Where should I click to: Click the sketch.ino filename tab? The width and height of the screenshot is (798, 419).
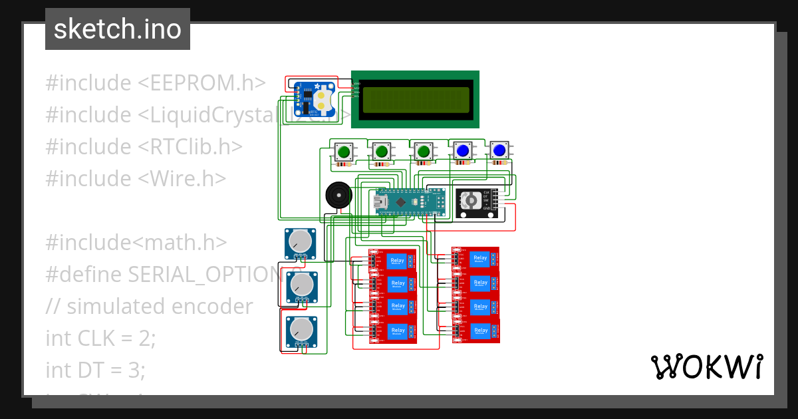click(118, 29)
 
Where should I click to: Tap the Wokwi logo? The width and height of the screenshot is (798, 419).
click(706, 366)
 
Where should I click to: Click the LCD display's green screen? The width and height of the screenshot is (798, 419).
click(417, 100)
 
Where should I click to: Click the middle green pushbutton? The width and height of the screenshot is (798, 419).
click(382, 152)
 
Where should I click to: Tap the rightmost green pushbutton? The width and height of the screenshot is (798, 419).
click(422, 152)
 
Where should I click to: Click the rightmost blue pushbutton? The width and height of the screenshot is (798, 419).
click(499, 152)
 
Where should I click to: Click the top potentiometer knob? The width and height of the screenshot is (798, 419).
click(301, 241)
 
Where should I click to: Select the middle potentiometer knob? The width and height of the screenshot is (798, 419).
click(301, 284)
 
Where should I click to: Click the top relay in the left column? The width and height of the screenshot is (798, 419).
click(398, 261)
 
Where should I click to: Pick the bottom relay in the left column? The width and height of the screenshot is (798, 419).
click(398, 331)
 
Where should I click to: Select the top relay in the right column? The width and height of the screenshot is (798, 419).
click(480, 259)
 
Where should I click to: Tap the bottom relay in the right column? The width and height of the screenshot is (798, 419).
click(480, 330)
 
